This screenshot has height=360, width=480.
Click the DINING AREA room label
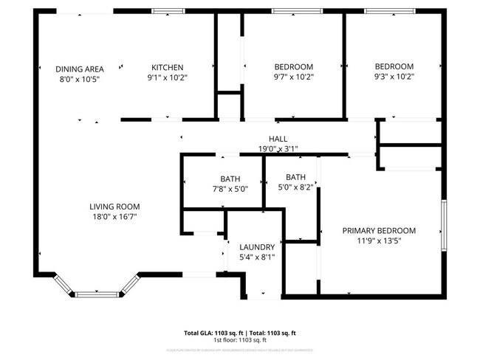[x=79, y=69]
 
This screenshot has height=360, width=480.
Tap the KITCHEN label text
[x=168, y=67]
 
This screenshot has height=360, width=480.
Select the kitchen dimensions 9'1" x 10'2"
[x=168, y=77]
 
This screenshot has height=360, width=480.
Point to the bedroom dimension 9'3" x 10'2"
[x=394, y=76]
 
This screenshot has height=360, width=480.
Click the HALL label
[x=278, y=139]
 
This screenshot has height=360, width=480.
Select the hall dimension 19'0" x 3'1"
[x=278, y=149]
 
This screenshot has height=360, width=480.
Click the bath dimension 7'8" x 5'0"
[x=230, y=189]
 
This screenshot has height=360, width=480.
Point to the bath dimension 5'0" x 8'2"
[x=295, y=187]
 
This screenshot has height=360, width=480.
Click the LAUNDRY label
[x=257, y=247]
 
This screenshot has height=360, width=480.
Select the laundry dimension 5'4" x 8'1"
[x=257, y=257]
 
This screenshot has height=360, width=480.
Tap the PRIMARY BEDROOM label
[x=379, y=230]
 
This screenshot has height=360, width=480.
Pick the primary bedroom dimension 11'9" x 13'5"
[x=379, y=240]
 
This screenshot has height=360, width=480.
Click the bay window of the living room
[x=97, y=294]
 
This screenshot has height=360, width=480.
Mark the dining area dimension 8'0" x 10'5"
[x=79, y=79]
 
